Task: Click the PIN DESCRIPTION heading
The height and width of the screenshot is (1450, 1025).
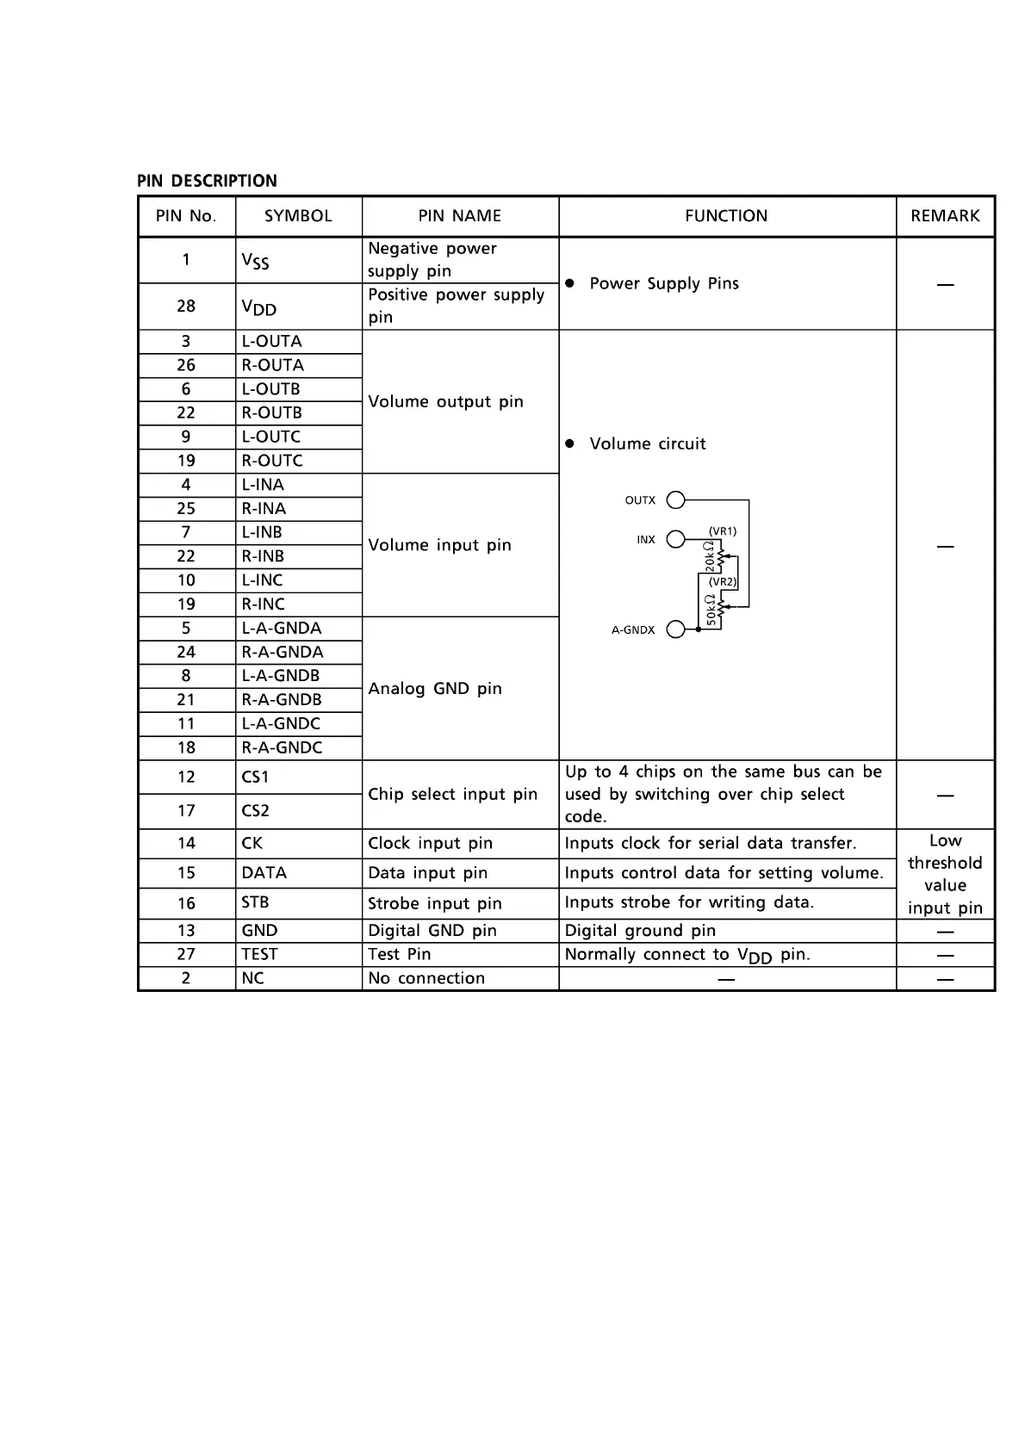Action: click(x=207, y=181)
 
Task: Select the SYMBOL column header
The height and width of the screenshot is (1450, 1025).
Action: click(x=298, y=216)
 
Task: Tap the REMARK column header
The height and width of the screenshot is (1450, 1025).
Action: click(x=945, y=216)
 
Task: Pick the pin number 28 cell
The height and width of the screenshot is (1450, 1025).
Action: click(x=186, y=307)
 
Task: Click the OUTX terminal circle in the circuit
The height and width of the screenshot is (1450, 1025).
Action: click(x=676, y=500)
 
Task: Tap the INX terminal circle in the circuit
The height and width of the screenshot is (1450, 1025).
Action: click(x=676, y=539)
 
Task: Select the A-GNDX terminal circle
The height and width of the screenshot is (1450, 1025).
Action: click(x=676, y=629)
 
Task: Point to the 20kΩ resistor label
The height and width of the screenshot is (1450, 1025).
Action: click(x=709, y=557)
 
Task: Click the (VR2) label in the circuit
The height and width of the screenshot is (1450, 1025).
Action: click(x=723, y=582)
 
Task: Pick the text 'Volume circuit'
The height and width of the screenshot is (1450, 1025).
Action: click(x=648, y=444)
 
